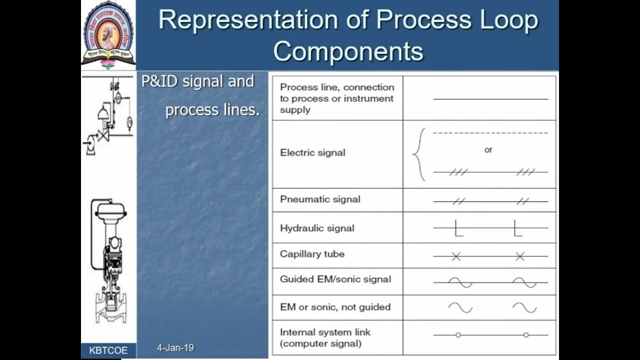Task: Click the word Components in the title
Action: click(348, 51)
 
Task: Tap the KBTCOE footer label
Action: click(108, 350)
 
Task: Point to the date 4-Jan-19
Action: click(175, 347)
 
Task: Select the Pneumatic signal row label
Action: click(320, 199)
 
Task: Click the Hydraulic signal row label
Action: click(317, 228)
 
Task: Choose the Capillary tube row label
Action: click(312, 254)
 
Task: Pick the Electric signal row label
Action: click(312, 153)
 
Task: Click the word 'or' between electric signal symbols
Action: click(488, 150)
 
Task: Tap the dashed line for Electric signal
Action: click(490, 133)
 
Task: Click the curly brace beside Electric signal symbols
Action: click(419, 154)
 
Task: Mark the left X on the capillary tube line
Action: click(456, 256)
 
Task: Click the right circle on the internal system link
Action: click(525, 335)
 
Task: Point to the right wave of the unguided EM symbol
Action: click(524, 307)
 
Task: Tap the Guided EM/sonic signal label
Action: click(335, 279)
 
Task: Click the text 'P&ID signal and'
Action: click(197, 81)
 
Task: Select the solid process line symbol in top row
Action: click(490, 99)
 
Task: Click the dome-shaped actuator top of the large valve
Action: click(110, 207)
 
